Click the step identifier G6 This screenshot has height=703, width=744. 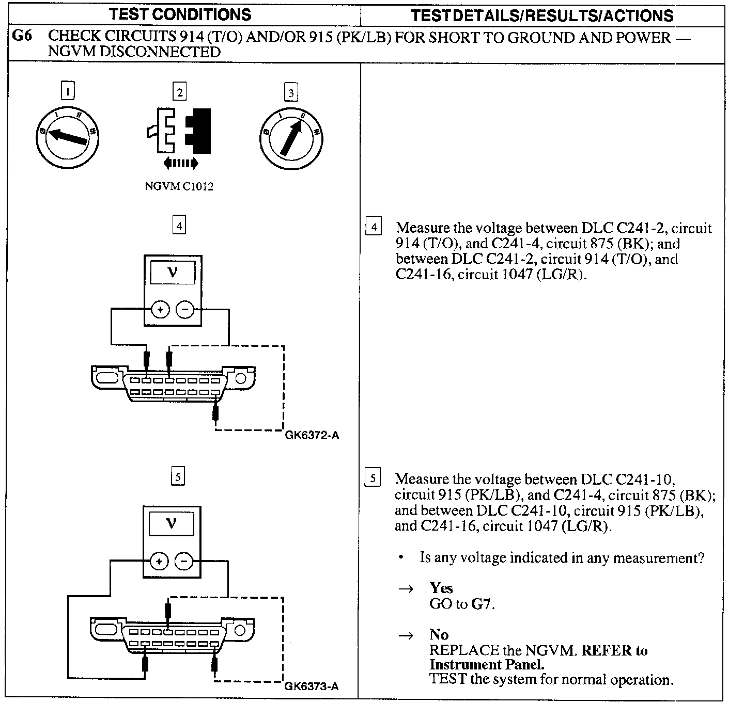coord(24,37)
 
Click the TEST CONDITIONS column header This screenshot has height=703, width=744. coord(180,14)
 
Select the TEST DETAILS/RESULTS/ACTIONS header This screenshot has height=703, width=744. coord(542,15)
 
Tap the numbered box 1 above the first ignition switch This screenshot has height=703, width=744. coord(68,91)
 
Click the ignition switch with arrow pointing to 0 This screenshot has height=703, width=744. coord(67,137)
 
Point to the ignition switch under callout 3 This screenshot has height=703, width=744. coord(291,138)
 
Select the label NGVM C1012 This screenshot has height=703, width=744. coord(179,187)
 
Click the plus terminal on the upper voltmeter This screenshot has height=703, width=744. coord(160,310)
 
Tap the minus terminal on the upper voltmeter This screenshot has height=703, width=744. coord(185,310)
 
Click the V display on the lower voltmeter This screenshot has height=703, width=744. coord(172,524)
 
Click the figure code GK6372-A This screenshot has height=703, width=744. coord(312,435)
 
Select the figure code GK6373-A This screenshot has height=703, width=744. coord(312,686)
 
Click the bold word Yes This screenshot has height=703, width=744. coord(441,588)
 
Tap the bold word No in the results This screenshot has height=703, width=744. coord(439,634)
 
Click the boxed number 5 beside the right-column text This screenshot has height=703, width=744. coord(373,478)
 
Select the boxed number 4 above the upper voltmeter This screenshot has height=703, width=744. coord(179,226)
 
